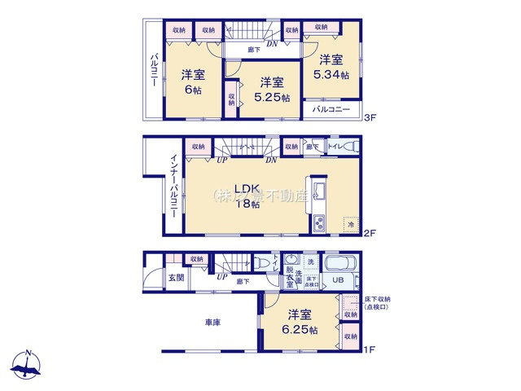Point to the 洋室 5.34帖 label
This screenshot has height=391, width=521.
pyautogui.click(x=331, y=67)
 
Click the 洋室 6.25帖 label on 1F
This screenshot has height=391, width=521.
pyautogui.click(x=299, y=322)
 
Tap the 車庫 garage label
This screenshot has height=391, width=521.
pyautogui.click(x=213, y=323)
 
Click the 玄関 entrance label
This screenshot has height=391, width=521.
pyautogui.click(x=176, y=279)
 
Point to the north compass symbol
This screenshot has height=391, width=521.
pyautogui.click(x=28, y=366)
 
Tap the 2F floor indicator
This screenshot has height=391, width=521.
pyautogui.click(x=370, y=234)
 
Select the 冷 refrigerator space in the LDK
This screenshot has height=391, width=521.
pyautogui.click(x=351, y=223)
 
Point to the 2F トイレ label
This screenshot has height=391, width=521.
pyautogui.click(x=335, y=147)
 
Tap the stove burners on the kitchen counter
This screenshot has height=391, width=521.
pyautogui.click(x=317, y=222)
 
